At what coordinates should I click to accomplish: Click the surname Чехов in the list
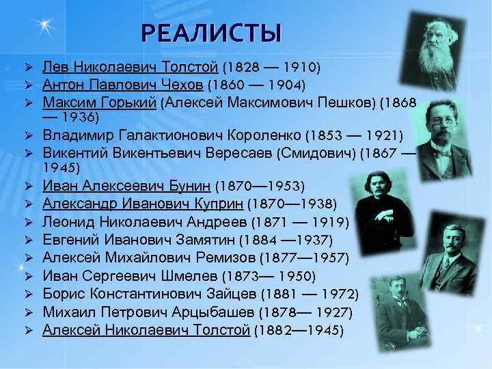183,85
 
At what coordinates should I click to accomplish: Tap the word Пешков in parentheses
350,102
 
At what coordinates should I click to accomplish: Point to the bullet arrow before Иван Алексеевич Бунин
29,186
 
